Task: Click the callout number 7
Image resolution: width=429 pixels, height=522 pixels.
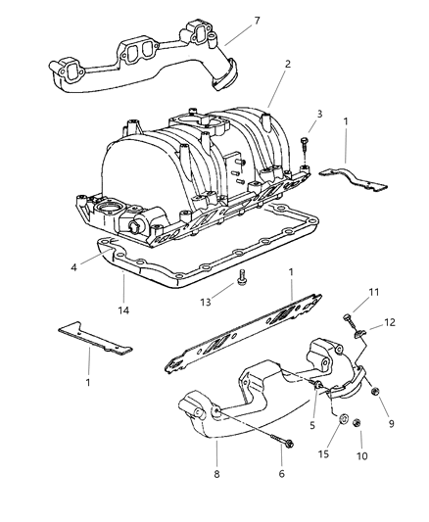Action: [257, 21]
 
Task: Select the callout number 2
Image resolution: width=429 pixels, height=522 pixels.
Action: [288, 64]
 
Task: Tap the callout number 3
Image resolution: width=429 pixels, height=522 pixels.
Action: [319, 114]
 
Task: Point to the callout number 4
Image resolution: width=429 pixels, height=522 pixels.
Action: [73, 267]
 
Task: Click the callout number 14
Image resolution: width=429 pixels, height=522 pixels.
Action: [123, 310]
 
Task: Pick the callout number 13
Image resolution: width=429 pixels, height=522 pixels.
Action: [206, 302]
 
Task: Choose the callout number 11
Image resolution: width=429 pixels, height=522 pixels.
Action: [374, 292]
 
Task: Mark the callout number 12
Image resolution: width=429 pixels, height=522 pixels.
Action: [390, 322]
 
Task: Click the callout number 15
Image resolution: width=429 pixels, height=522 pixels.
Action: [323, 453]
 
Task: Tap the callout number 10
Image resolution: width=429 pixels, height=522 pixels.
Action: [361, 455]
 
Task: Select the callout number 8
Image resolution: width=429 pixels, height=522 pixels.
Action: [216, 473]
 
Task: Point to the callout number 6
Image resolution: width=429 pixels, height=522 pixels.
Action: [281, 473]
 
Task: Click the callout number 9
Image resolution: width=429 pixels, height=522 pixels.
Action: [391, 423]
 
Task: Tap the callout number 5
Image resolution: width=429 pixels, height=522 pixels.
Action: [312, 425]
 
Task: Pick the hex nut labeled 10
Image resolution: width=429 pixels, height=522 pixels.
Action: [357, 423]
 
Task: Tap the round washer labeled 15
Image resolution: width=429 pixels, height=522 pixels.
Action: [344, 418]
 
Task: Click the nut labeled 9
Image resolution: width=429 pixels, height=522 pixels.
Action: [375, 392]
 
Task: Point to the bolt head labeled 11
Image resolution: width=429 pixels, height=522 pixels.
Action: [347, 317]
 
